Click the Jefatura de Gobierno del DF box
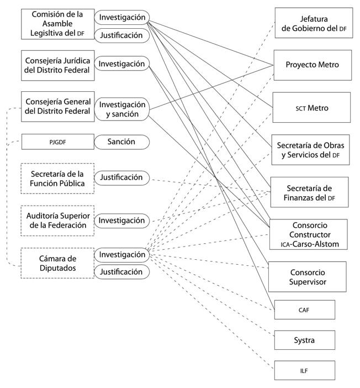(x=313, y=23)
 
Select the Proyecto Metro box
(x=312, y=65)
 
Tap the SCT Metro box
(x=311, y=107)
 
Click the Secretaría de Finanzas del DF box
(x=309, y=192)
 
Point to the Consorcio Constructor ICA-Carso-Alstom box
(x=308, y=234)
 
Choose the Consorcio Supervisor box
(x=307, y=276)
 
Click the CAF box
(x=304, y=310)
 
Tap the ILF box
(x=304, y=370)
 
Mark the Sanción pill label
(x=122, y=142)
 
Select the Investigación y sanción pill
(x=122, y=109)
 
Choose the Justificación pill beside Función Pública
(x=122, y=177)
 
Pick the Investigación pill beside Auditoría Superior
(x=122, y=221)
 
